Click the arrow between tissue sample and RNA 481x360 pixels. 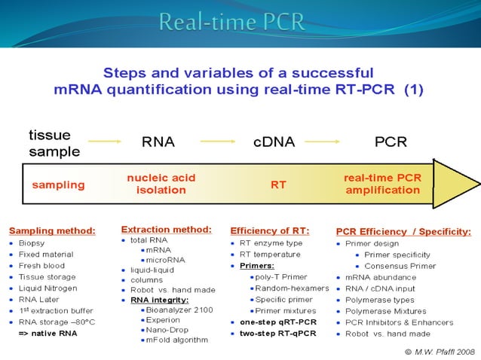(105, 141)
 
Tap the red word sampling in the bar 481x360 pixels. (58, 185)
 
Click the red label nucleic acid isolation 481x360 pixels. (161, 184)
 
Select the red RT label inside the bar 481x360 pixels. (278, 185)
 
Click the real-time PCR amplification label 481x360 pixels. (382, 184)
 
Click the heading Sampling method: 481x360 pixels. (53, 230)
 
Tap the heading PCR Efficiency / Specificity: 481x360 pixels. (403, 231)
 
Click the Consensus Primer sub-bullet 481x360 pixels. (400, 266)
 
